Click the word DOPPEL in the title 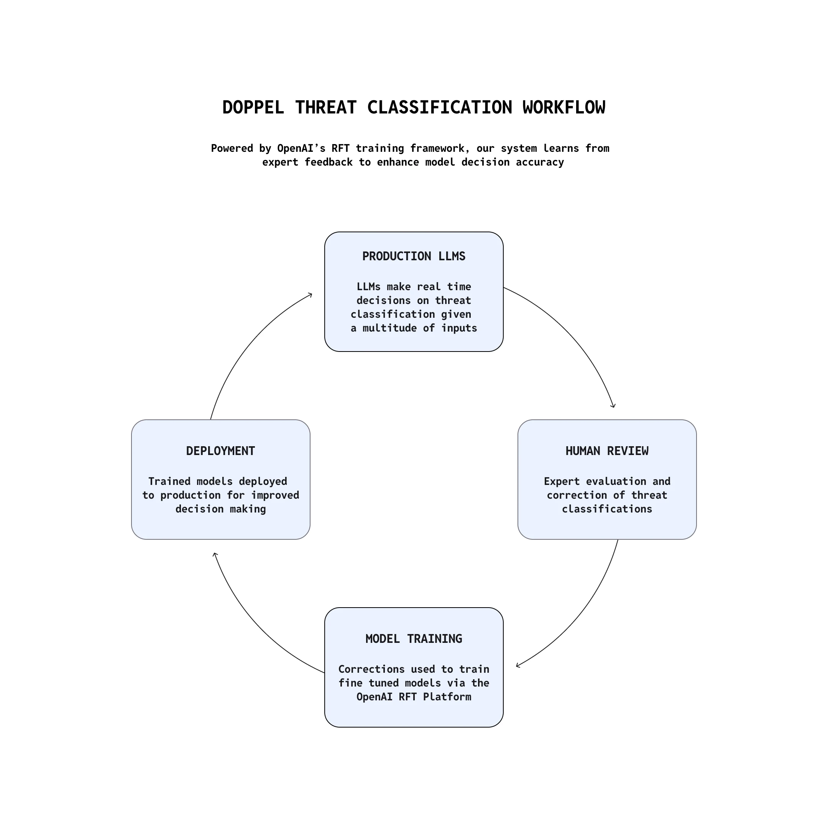click(x=253, y=108)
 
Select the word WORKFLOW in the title click(x=563, y=108)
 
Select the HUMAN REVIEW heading click(x=607, y=451)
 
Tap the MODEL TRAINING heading click(x=414, y=639)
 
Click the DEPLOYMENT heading click(x=220, y=451)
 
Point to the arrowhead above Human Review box click(x=614, y=406)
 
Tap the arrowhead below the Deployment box click(x=215, y=555)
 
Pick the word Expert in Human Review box click(x=562, y=481)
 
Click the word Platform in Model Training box click(x=447, y=697)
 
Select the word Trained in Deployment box click(x=169, y=481)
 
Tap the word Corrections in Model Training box click(x=371, y=669)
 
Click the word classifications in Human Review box click(x=607, y=509)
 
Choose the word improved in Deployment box click(x=275, y=495)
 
